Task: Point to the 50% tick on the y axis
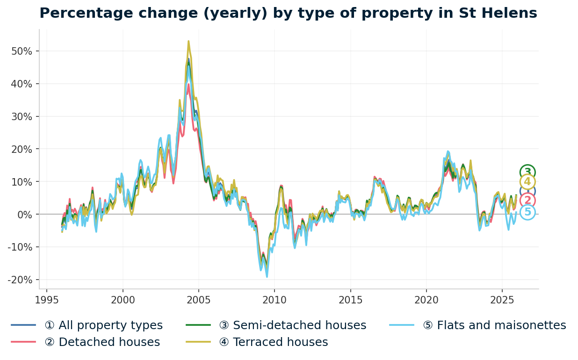[x=22, y=51]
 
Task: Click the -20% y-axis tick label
[x=20, y=280]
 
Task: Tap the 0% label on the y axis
[x=24, y=215]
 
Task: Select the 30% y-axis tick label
[x=22, y=116]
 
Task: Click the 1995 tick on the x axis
[x=47, y=300]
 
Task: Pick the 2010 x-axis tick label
[x=275, y=300]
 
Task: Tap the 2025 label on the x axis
[x=502, y=300]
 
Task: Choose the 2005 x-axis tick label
[x=199, y=300]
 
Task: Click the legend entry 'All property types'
[x=103, y=325]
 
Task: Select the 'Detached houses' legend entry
[x=102, y=342]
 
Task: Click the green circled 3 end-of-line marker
[x=527, y=172]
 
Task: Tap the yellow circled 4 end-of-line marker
[x=527, y=182]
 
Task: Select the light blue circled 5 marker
[x=527, y=212]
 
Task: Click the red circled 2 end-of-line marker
[x=527, y=201]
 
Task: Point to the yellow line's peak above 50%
[x=188, y=41]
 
